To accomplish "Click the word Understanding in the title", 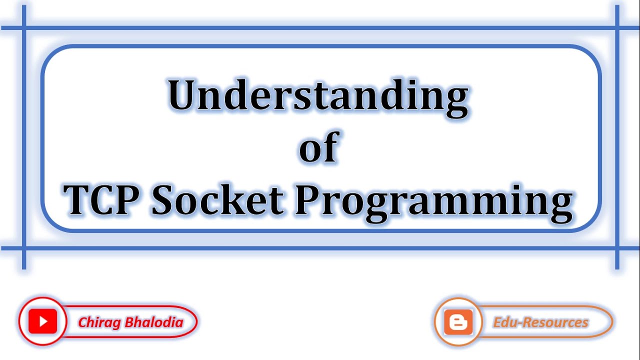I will coord(318,96).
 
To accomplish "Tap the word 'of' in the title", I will coord(319,147).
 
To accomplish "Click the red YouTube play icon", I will coord(42,321).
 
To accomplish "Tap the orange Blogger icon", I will coord(458,322).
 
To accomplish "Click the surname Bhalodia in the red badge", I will coord(154,322).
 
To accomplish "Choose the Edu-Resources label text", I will coord(540,322).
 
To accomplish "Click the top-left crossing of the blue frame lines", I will coord(23,28).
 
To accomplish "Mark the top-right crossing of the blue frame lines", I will coord(617,28).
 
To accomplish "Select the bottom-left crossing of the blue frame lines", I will coord(23,247).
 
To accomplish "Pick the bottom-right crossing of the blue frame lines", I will coord(617,247).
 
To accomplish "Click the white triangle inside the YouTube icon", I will coord(43,321).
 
